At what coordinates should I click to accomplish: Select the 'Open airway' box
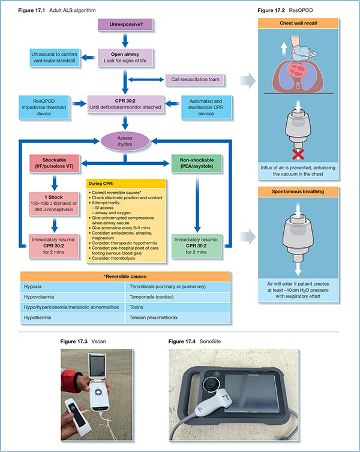pos(124,58)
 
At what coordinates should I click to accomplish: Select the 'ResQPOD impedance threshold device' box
pos(44,106)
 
